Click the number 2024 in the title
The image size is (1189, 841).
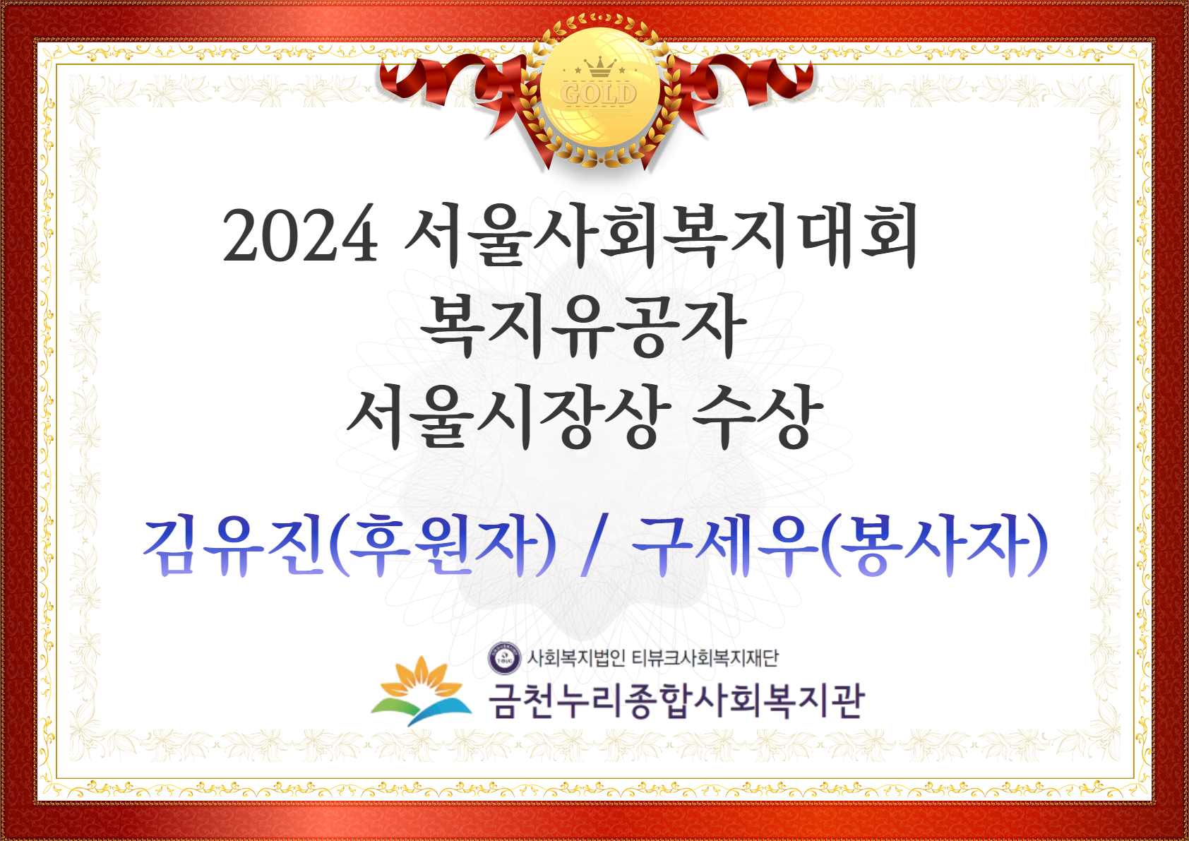point(301,234)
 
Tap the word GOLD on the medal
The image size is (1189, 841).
point(599,94)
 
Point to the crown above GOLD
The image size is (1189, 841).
point(600,67)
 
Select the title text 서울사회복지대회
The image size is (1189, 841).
point(662,234)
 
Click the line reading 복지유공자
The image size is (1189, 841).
point(583,325)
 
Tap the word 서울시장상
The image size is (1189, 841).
point(510,416)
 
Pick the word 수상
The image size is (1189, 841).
point(758,416)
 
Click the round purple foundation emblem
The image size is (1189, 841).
point(504,658)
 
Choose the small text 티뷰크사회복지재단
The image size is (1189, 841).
point(705,658)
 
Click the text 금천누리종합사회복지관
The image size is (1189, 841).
point(676,700)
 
